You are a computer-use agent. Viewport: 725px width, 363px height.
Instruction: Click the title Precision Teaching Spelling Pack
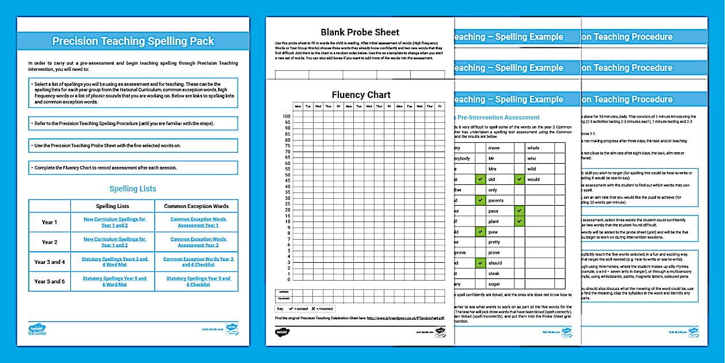tap(133, 41)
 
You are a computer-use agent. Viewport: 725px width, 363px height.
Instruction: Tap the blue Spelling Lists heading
tap(133, 188)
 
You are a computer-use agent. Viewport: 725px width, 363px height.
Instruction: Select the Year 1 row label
tap(49, 222)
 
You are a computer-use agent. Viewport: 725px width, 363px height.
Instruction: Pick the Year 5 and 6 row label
tap(49, 281)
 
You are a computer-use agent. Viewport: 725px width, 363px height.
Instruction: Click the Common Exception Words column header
tap(196, 206)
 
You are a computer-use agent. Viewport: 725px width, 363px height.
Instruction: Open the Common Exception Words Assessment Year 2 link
tap(198, 242)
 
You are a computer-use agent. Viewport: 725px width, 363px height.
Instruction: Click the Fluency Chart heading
tap(361, 94)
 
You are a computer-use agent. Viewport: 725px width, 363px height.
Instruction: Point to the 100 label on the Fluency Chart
tap(287, 116)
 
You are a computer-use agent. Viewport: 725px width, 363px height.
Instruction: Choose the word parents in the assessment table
tap(496, 201)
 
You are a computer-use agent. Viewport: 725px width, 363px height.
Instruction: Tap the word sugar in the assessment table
tap(494, 284)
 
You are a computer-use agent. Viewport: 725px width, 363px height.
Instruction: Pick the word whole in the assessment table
tap(533, 148)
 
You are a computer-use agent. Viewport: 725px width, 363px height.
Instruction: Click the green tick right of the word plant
tap(519, 221)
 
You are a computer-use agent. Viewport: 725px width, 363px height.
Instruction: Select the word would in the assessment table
tap(534, 179)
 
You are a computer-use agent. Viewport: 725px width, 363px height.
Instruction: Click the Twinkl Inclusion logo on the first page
tap(37, 330)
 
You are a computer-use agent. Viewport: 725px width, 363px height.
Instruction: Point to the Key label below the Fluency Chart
tap(281, 309)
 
